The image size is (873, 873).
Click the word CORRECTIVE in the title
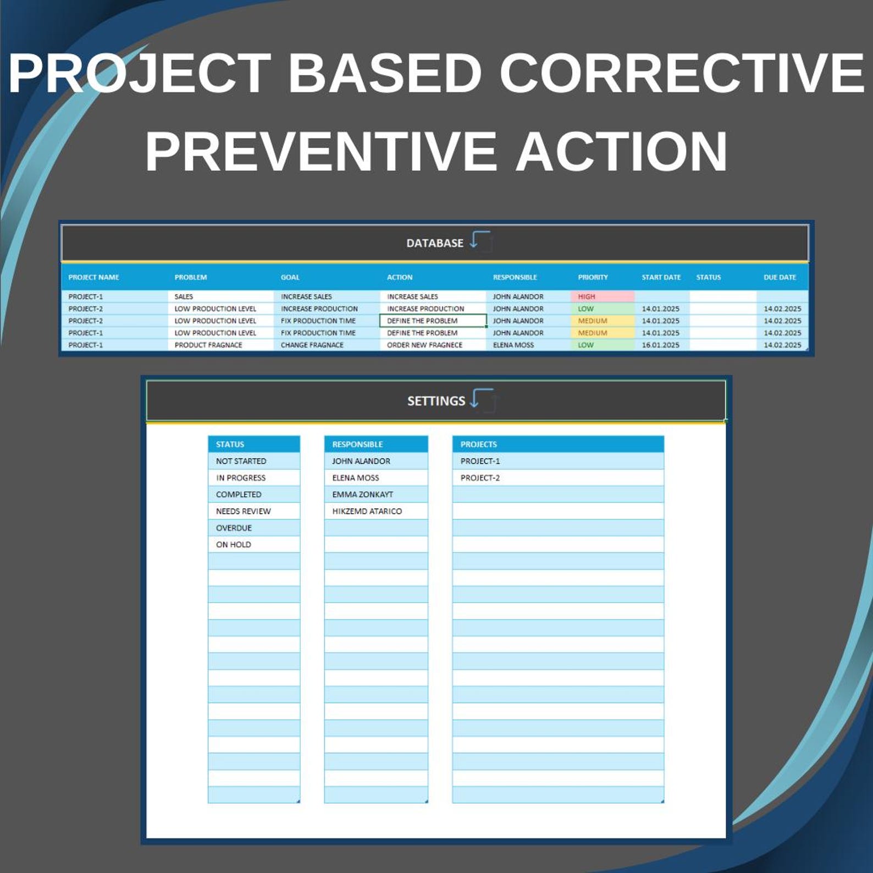point(682,73)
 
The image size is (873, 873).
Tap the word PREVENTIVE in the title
point(321,151)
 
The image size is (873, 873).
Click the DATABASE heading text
point(434,243)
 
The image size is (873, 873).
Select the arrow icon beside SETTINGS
point(483,399)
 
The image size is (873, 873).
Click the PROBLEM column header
point(191,277)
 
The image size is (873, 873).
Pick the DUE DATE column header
point(779,277)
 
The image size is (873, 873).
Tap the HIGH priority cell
point(587,296)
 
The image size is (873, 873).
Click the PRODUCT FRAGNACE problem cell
point(208,345)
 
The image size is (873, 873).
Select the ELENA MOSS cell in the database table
point(513,345)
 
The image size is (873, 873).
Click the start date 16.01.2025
point(660,345)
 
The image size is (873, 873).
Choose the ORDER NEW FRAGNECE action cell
point(424,345)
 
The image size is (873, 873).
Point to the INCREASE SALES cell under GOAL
point(306,296)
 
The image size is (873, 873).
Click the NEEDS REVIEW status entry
point(243,511)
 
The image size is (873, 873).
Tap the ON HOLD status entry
point(234,544)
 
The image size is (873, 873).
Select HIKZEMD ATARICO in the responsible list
point(367,511)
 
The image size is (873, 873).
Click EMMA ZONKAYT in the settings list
point(362,494)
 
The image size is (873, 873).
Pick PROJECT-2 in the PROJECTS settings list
point(480,478)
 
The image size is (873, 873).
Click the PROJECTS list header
point(478,444)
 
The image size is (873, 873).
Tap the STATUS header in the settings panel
point(230,444)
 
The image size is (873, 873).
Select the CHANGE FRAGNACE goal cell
point(312,345)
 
